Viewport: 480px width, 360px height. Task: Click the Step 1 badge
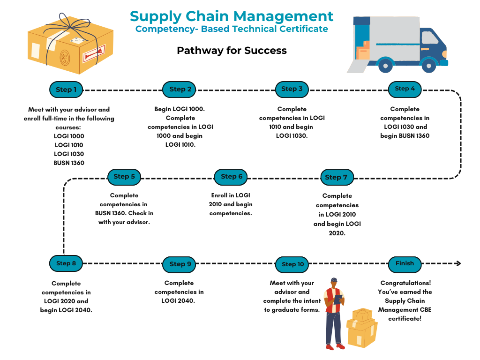pyautogui.click(x=66, y=90)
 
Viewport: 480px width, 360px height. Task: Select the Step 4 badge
pyautogui.click(x=405, y=89)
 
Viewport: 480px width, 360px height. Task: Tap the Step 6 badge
pyautogui.click(x=231, y=177)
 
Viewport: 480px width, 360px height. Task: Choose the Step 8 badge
pyautogui.click(x=66, y=263)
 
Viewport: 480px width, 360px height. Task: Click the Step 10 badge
pyautogui.click(x=292, y=264)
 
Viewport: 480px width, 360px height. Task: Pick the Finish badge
pyautogui.click(x=405, y=264)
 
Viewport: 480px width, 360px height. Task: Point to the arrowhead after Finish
pyautogui.click(x=458, y=263)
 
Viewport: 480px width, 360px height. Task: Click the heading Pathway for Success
pyautogui.click(x=232, y=50)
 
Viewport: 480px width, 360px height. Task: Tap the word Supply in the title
pyautogui.click(x=156, y=16)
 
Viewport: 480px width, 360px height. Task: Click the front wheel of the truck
pyautogui.click(x=428, y=66)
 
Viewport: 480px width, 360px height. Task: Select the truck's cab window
pyautogui.click(x=429, y=37)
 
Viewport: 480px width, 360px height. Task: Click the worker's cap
pyautogui.click(x=334, y=280)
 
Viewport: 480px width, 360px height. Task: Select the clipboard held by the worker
pyautogui.click(x=338, y=299)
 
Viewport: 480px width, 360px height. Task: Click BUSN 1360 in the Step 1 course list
pyautogui.click(x=69, y=163)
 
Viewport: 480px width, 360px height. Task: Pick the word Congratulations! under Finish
pyautogui.click(x=405, y=283)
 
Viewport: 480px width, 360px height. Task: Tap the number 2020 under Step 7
pyautogui.click(x=337, y=233)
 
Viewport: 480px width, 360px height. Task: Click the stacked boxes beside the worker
pyautogui.click(x=361, y=328)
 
